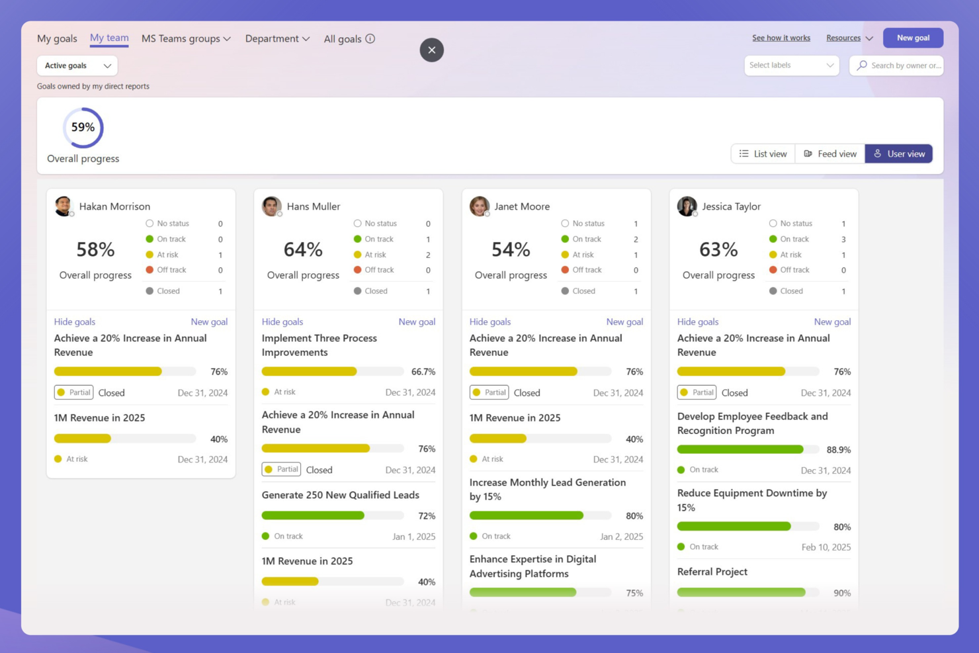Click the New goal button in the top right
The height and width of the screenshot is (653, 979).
point(913,38)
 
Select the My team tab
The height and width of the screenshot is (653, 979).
point(109,38)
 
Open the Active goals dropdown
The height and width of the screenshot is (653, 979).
point(77,65)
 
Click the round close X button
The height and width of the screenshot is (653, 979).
point(431,50)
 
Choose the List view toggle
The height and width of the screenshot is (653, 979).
point(763,153)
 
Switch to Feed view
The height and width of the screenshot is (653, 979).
point(830,153)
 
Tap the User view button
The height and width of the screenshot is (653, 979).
point(899,153)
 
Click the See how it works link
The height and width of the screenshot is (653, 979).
point(781,38)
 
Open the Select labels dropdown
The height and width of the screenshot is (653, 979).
point(791,65)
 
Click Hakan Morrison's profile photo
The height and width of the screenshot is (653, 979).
point(64,206)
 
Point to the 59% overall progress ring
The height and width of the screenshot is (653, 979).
point(83,128)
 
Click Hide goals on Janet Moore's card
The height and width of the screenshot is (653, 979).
point(489,322)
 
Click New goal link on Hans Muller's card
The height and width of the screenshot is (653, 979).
point(417,322)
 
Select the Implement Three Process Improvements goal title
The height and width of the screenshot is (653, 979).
point(319,345)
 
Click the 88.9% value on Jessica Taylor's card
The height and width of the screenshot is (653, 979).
point(838,450)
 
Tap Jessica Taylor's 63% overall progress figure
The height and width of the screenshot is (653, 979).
point(718,249)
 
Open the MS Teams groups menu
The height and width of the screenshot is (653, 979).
point(186,38)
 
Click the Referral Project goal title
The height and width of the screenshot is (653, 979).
point(712,572)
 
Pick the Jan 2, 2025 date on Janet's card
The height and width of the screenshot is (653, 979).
point(621,537)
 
